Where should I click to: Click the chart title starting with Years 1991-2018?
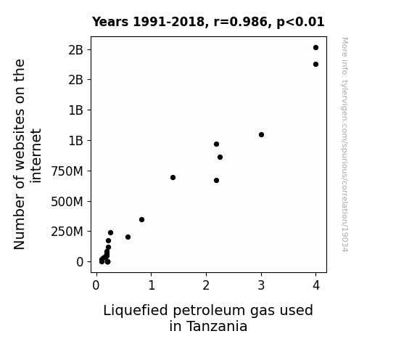click(208, 22)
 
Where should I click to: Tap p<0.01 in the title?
click(300, 23)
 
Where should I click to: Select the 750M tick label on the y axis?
click(67, 171)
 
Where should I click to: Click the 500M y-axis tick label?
click(67, 202)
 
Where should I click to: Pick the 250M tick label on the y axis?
click(67, 232)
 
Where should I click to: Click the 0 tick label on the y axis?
click(80, 262)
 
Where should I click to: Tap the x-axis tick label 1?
click(152, 285)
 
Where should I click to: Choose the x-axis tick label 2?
click(206, 285)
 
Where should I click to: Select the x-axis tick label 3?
click(261, 285)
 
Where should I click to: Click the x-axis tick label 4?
click(316, 285)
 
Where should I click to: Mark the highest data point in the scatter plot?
click(315, 48)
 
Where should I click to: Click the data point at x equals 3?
click(261, 135)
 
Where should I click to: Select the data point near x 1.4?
click(173, 178)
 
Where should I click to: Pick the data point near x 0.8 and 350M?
click(141, 220)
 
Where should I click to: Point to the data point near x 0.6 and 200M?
click(128, 237)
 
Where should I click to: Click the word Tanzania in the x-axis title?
click(217, 327)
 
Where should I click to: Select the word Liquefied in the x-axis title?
click(136, 311)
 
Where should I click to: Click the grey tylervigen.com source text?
click(344, 144)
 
